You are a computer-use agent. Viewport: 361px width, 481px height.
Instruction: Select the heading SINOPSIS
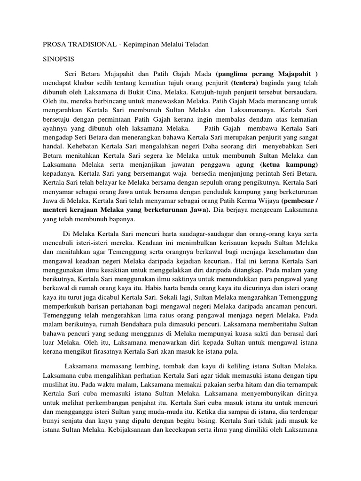(59, 60)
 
